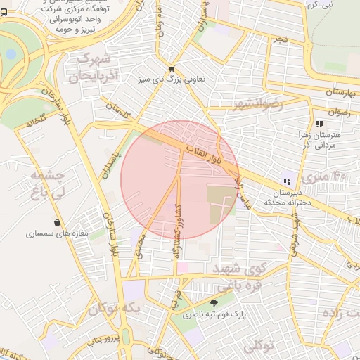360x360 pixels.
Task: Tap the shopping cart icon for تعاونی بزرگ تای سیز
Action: click(172, 69)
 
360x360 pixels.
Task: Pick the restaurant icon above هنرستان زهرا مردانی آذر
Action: click(320, 124)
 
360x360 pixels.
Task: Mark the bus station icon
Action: click(6, 13)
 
